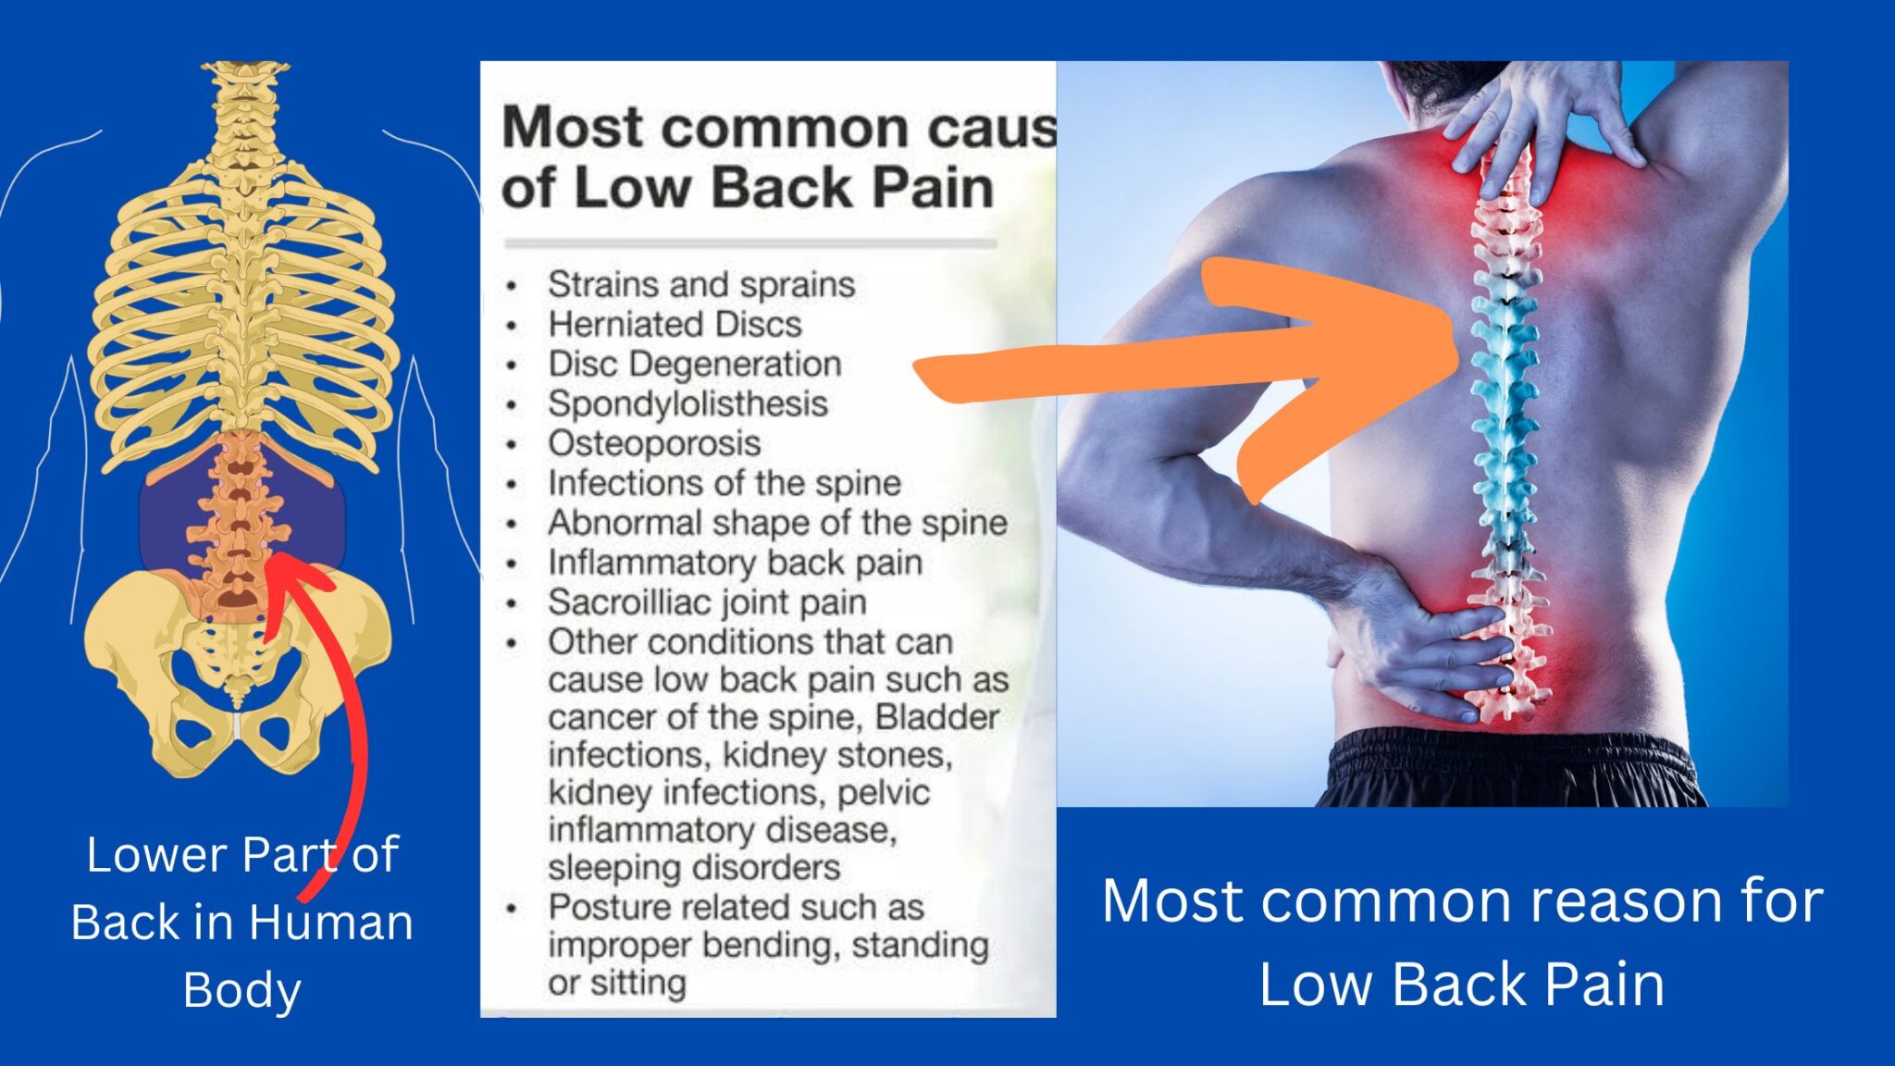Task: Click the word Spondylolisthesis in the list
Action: [687, 404]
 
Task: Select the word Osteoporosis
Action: [654, 444]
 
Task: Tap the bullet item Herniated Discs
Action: [675, 325]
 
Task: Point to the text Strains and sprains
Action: [700, 285]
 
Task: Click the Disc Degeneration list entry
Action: [694, 365]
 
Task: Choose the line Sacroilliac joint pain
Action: [707, 603]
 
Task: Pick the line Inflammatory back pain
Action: [735, 564]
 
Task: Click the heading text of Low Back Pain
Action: [748, 188]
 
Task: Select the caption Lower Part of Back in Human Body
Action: [242, 922]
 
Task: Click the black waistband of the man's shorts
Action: [1508, 754]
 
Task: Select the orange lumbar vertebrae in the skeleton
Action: [239, 518]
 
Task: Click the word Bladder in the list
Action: [937, 718]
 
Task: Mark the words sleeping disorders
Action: [694, 869]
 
